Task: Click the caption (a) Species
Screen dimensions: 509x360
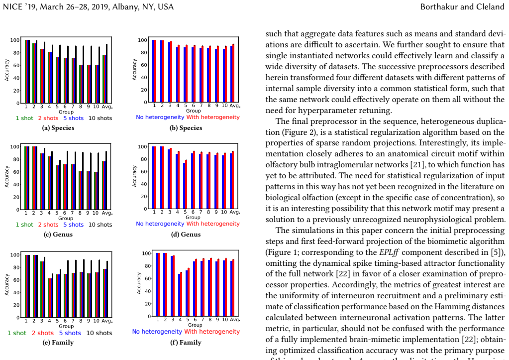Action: click(x=58, y=127)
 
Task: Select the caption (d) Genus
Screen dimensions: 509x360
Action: click(x=186, y=234)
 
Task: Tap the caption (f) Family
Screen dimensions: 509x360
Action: click(x=186, y=343)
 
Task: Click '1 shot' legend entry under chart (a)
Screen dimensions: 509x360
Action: click(x=24, y=119)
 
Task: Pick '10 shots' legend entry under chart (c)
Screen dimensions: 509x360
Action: click(x=101, y=225)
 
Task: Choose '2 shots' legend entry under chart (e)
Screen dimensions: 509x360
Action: click(x=42, y=333)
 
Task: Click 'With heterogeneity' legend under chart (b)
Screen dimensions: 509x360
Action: click(x=213, y=118)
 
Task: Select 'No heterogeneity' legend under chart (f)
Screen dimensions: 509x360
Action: click(x=157, y=332)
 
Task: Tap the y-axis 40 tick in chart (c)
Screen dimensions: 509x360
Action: click(x=16, y=185)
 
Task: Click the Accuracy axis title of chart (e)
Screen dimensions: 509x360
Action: click(x=7, y=284)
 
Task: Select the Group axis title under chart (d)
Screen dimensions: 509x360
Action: click(x=193, y=218)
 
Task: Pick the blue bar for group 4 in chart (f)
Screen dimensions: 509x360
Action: click(x=180, y=295)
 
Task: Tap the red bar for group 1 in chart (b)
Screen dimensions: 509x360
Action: click(x=155, y=71)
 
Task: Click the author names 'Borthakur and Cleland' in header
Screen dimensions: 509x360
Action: click(x=462, y=6)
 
